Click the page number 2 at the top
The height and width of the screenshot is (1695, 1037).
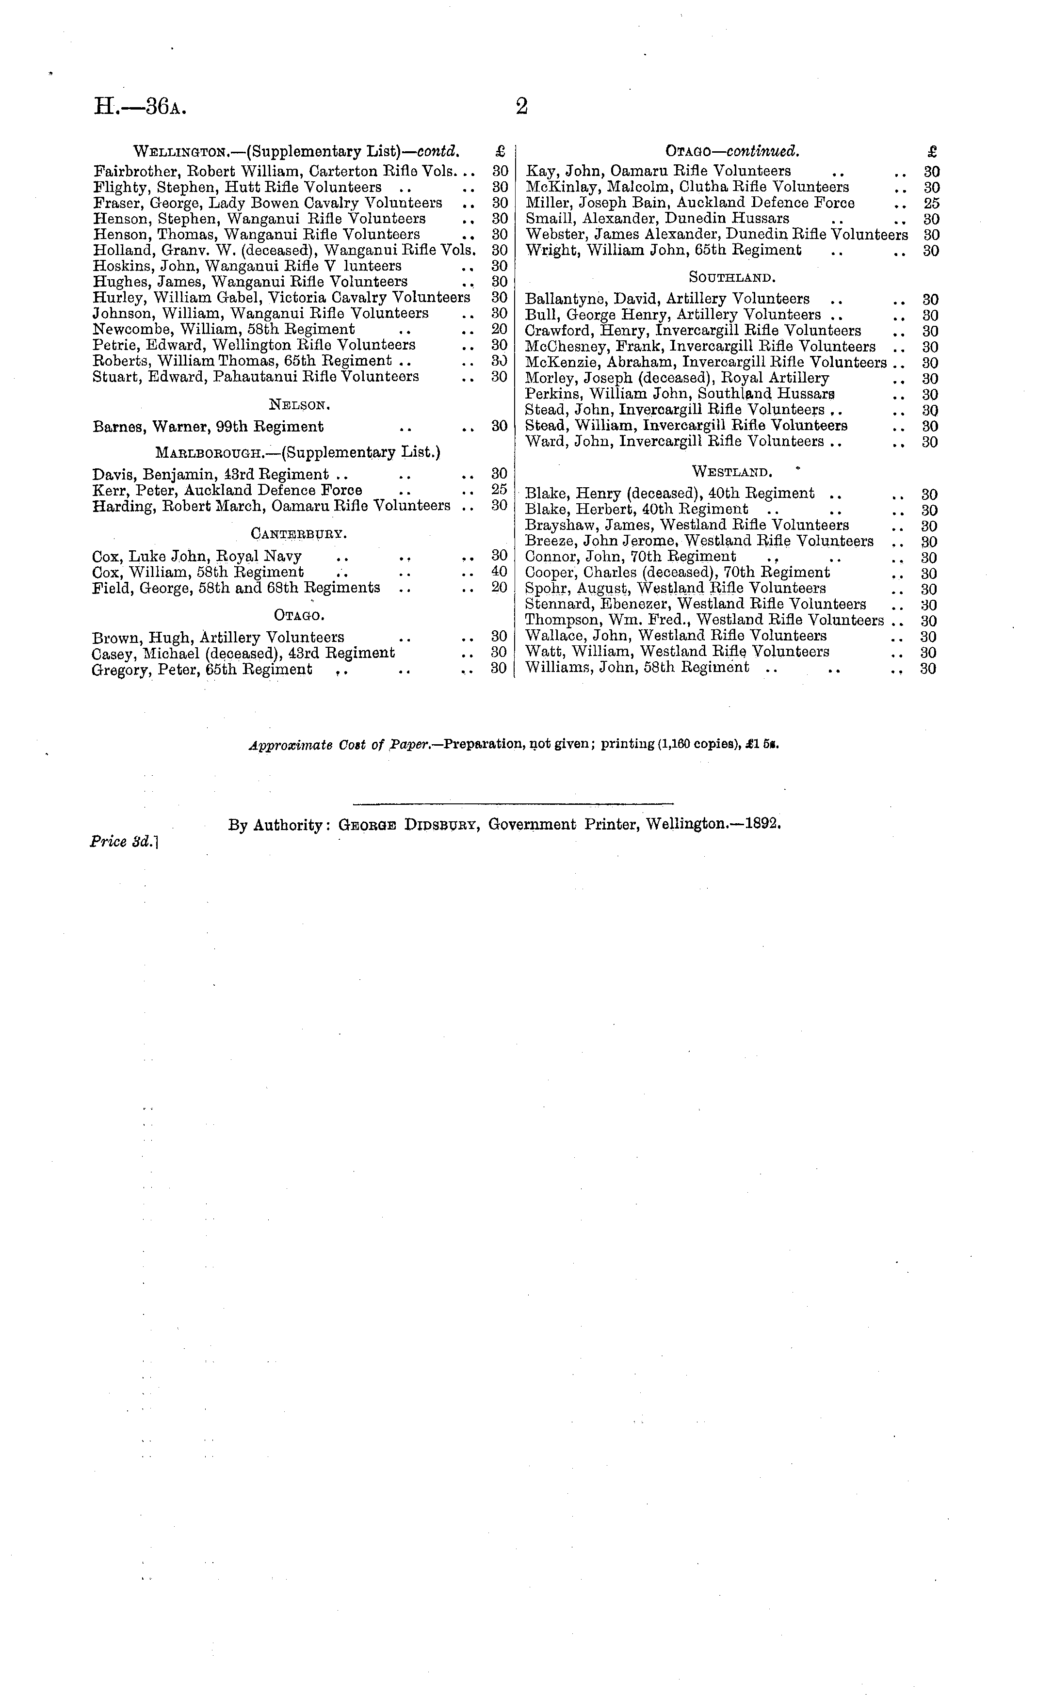[521, 107]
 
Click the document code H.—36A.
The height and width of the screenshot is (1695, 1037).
[140, 107]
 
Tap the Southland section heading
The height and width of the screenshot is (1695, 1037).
[732, 277]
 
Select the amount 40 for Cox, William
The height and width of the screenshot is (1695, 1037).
[500, 572]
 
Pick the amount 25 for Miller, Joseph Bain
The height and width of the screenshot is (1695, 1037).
[932, 203]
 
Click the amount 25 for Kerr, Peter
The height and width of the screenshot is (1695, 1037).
[500, 490]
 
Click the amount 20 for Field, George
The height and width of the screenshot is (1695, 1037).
[500, 588]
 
